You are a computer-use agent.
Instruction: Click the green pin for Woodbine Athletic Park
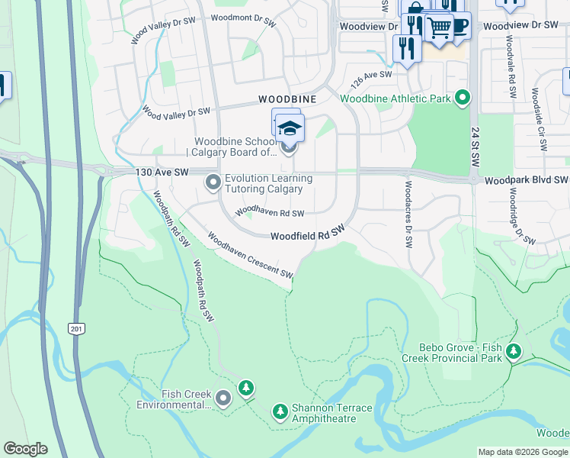point(462,98)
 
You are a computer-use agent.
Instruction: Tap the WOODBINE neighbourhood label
point(287,99)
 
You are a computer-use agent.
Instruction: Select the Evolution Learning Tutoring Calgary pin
point(213,182)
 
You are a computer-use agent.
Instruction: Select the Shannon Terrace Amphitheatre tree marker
point(280,412)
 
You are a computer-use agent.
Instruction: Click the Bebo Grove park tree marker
point(515,351)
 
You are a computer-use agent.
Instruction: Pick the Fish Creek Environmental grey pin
point(223,398)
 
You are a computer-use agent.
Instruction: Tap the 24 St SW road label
point(475,144)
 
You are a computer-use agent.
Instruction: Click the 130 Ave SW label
point(162,173)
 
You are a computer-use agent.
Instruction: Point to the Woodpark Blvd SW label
point(526,180)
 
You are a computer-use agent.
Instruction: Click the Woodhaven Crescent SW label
point(250,256)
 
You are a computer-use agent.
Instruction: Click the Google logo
point(25,449)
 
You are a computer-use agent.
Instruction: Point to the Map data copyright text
point(523,452)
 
